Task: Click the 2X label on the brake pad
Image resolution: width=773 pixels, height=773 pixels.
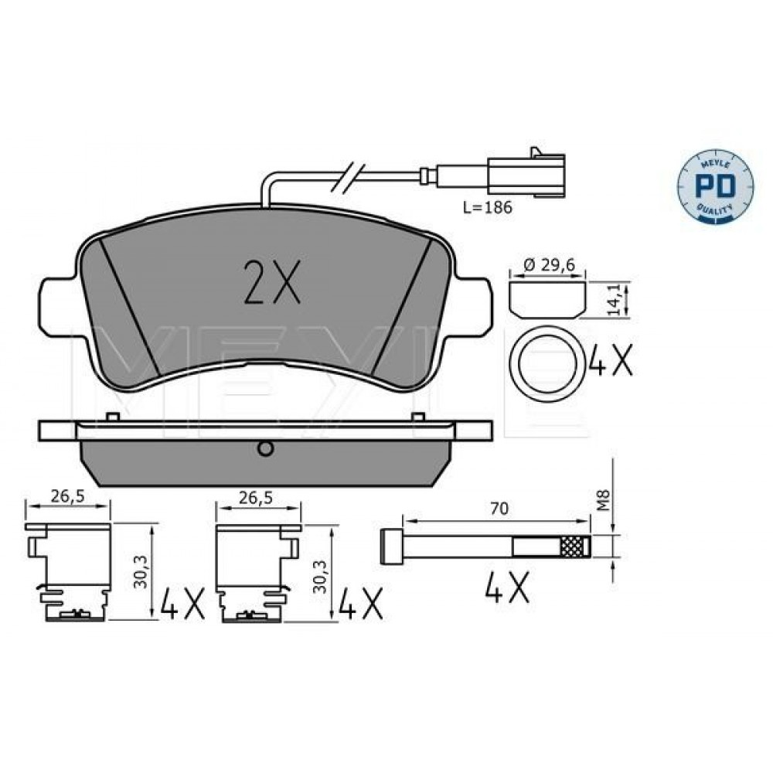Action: click(272, 282)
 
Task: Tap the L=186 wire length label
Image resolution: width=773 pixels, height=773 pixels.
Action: click(488, 208)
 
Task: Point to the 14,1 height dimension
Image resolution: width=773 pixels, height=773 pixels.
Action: click(615, 300)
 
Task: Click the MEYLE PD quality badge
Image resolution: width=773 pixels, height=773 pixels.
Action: click(715, 186)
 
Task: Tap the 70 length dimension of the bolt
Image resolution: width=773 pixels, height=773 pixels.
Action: click(499, 509)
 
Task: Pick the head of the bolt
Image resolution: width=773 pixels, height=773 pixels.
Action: click(391, 547)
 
